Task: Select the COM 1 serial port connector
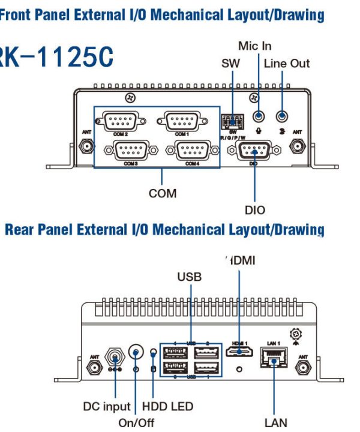tap(182, 122)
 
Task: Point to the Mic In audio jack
tap(258, 116)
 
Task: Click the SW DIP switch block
tap(232, 121)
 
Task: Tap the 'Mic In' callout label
tap(255, 46)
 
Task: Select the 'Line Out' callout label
tap(287, 63)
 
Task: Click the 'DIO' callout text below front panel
tap(255, 210)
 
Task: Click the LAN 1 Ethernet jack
tap(272, 358)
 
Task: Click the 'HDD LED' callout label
tap(167, 407)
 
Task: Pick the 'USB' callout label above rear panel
tap(189, 277)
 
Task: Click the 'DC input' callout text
tap(106, 407)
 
